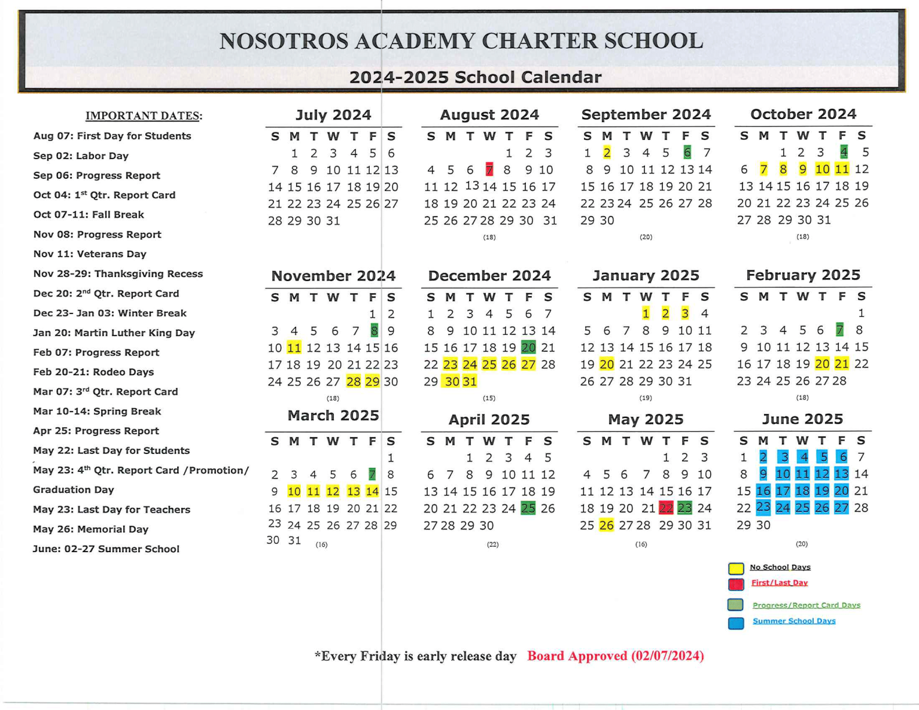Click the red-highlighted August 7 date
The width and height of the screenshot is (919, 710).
coord(489,170)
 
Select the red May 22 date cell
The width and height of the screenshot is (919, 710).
coord(665,508)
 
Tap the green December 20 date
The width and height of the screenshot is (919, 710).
coord(528,348)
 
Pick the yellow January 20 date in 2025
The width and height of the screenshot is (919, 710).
coord(607,364)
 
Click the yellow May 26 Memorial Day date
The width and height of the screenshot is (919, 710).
coord(606,525)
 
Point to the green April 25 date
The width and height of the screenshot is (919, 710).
coord(528,508)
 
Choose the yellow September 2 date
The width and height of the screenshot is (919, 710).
coord(607,153)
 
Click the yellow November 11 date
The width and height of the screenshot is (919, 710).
coord(294,348)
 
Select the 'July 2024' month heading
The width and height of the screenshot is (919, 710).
coord(333,115)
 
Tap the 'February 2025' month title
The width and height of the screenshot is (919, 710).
coord(803,275)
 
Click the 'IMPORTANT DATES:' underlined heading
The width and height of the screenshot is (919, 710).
coord(144,116)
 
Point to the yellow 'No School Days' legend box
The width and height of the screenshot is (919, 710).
coord(736,568)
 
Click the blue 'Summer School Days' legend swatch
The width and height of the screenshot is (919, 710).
coord(736,623)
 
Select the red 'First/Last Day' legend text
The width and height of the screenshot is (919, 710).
coord(779,583)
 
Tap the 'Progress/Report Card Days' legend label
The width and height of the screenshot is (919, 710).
coord(806,605)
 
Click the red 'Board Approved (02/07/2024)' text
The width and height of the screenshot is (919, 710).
coord(615,656)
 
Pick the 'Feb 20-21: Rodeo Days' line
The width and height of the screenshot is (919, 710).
coord(93,372)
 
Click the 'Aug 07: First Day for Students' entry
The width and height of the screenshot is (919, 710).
coord(112,136)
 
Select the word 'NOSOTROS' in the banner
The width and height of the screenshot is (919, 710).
coord(284,41)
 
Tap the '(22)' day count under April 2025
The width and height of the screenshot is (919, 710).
coord(492,544)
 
